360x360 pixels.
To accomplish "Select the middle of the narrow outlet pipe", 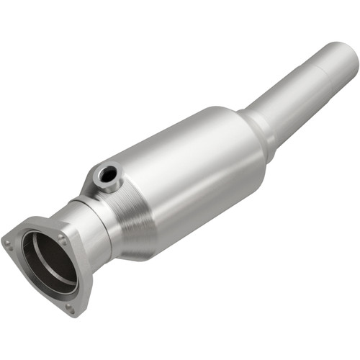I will tap(288, 94).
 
